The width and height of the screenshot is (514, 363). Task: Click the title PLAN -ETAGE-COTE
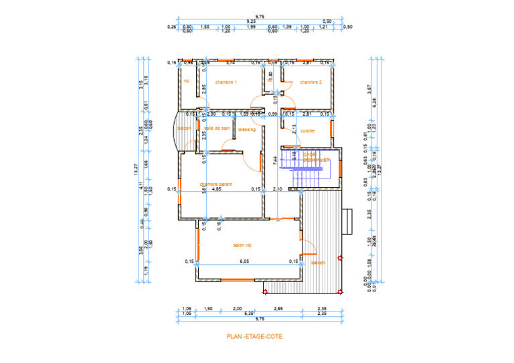[254, 337]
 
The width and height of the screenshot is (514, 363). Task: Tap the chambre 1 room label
[226, 82]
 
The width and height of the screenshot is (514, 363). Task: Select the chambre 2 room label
[311, 82]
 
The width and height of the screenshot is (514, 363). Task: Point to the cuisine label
[307, 131]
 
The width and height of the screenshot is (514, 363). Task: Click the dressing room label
[246, 130]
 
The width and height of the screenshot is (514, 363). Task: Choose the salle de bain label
[218, 128]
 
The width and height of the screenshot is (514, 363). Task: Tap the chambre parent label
[215, 183]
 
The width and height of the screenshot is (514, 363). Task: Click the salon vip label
[242, 245]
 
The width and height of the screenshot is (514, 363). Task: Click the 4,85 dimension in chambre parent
[216, 189]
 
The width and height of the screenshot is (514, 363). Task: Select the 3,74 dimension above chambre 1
[230, 63]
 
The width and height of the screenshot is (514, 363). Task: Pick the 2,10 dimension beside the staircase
[280, 189]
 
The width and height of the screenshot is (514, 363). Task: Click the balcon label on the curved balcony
[184, 128]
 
